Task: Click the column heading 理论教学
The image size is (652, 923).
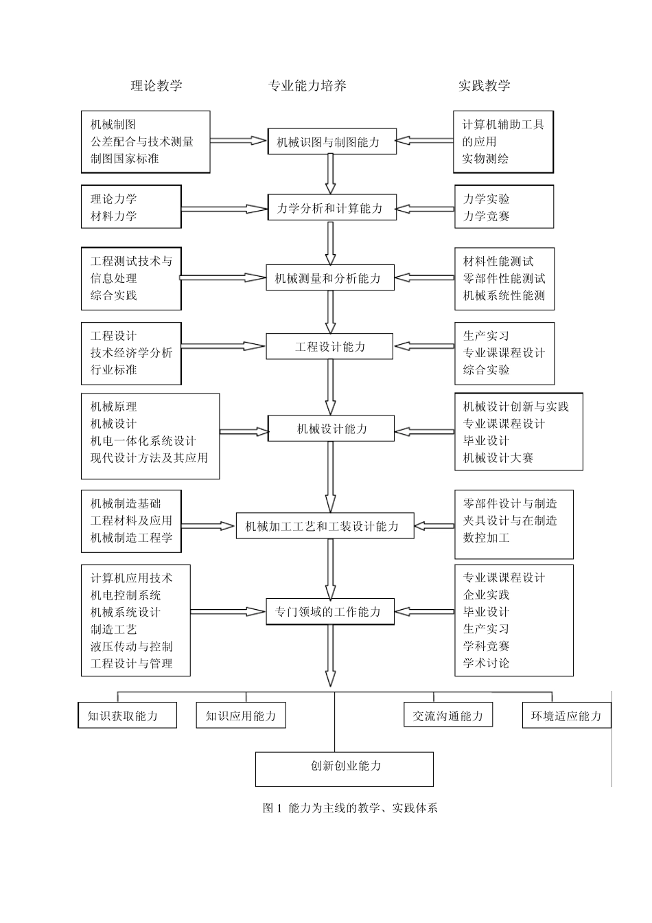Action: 156,85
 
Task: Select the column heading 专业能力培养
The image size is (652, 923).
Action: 307,85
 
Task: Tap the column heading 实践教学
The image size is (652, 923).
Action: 484,85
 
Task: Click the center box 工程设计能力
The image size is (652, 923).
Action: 329,347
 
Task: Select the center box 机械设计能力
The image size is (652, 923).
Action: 332,429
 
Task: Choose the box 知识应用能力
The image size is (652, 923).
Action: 241,716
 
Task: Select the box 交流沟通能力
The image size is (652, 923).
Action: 448,716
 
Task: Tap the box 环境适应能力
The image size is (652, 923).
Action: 566,716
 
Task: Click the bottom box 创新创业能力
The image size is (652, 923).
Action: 345,766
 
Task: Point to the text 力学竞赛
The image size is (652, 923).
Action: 487,216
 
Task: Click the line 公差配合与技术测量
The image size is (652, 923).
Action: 142,141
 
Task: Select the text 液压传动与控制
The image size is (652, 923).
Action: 132,646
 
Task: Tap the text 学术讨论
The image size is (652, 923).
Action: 487,663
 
